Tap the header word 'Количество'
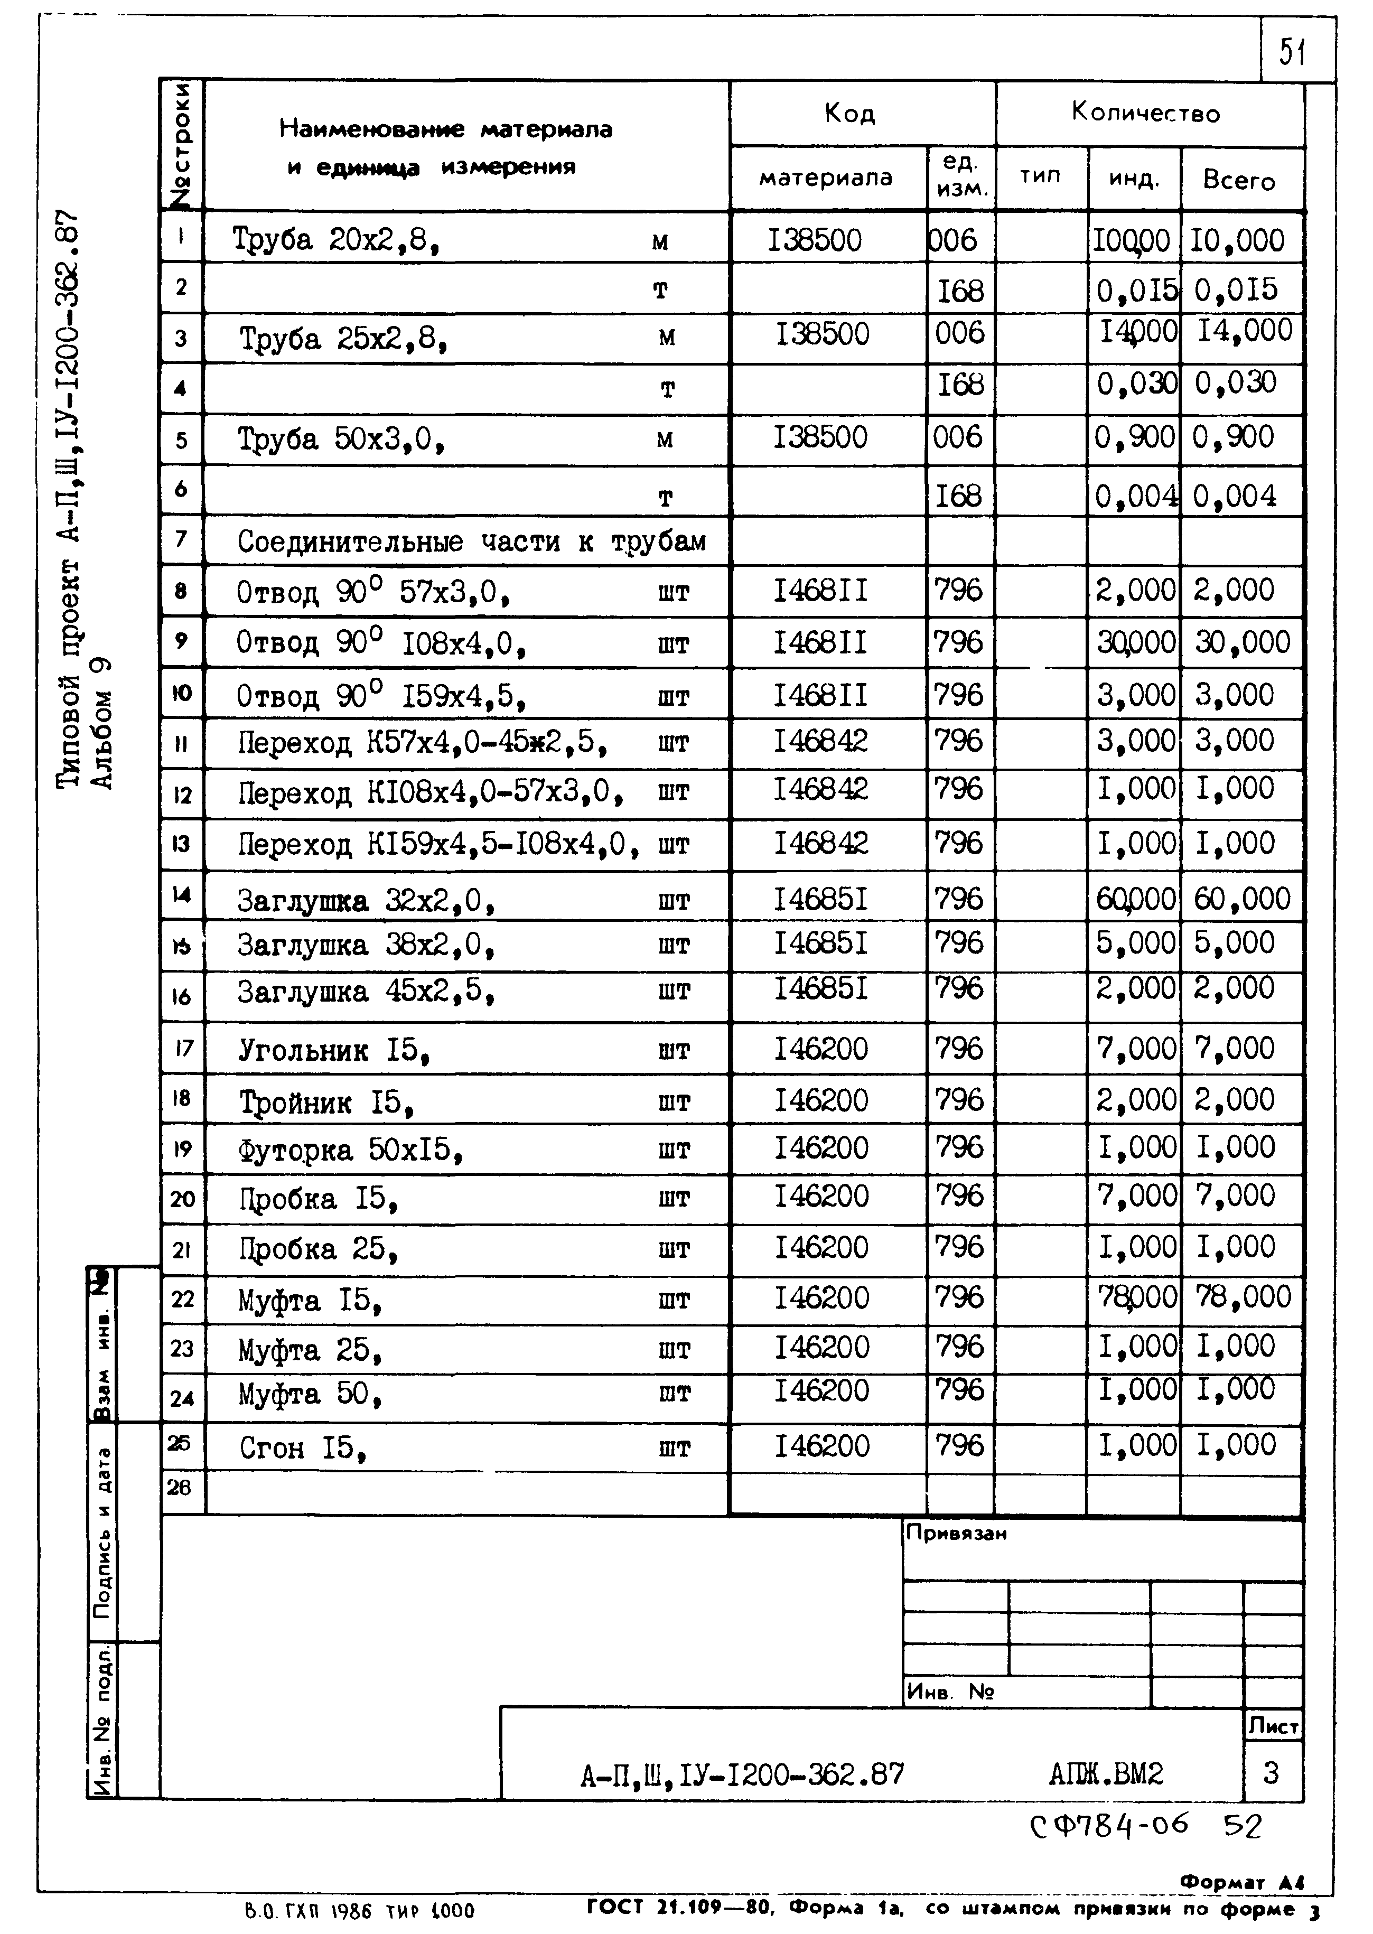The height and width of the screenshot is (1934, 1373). tap(1146, 113)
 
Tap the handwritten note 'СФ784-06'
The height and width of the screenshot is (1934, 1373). tap(1108, 1827)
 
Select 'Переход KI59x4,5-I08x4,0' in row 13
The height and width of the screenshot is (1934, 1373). tap(438, 844)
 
